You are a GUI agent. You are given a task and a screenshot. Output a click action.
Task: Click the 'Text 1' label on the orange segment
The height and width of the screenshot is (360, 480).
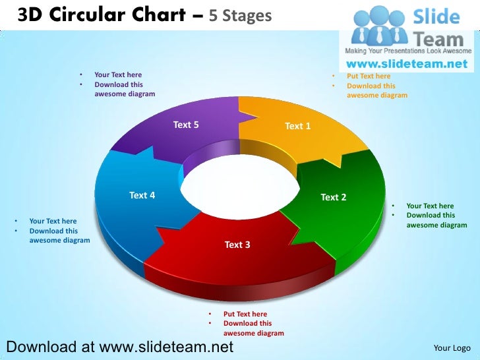[x=297, y=126]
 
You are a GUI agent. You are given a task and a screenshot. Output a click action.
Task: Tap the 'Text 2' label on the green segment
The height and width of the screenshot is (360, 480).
[x=333, y=197]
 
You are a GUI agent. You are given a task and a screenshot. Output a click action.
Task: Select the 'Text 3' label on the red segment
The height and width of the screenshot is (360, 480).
[x=237, y=245]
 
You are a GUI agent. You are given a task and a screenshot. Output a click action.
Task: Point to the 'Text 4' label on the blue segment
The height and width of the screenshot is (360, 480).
[x=142, y=195]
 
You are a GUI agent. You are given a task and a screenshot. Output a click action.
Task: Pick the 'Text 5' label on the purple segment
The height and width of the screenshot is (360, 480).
[x=186, y=125]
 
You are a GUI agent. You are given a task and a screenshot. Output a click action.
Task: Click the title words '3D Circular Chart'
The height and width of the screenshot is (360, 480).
[x=99, y=15]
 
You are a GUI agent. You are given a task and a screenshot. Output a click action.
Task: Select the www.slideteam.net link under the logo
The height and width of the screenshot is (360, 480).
[x=407, y=64]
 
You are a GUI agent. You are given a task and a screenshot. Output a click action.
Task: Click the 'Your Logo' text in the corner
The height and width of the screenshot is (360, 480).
[x=452, y=347]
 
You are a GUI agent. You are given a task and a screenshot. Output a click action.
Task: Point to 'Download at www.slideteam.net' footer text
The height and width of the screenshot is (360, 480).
[x=119, y=346]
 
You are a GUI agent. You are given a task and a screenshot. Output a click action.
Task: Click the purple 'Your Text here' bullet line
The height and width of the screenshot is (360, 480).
[x=118, y=75]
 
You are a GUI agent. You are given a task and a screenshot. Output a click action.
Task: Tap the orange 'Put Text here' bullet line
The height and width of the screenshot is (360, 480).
[x=369, y=76]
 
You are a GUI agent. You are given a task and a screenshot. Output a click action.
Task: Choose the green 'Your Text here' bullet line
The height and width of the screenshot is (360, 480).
[x=430, y=206]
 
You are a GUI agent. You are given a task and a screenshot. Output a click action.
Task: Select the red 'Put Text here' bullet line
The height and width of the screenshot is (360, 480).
[x=245, y=314]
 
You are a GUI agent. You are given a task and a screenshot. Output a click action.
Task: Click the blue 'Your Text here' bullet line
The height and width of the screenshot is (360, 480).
[x=53, y=221]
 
